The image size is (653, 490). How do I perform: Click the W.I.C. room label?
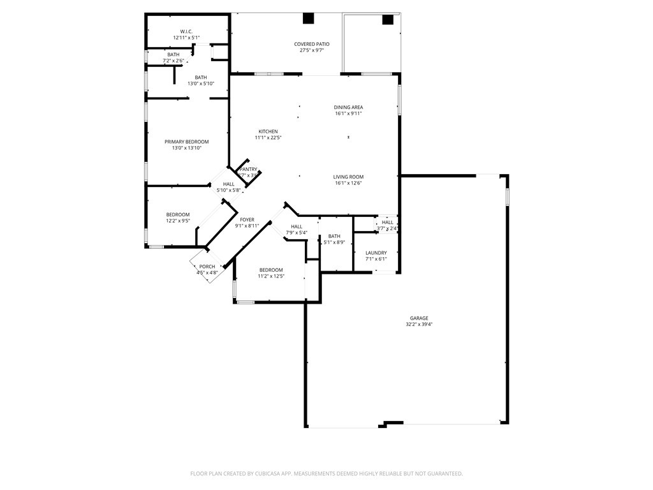(186, 31)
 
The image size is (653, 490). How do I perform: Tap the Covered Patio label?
(312, 44)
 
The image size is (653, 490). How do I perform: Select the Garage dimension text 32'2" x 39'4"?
(419, 324)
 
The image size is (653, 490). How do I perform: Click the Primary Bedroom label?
(186, 142)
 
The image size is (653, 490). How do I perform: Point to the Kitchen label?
(268, 131)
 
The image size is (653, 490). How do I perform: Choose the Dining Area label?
(348, 107)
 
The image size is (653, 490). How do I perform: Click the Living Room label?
(348, 177)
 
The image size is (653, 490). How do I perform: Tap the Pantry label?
(248, 169)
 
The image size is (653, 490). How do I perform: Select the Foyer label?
(247, 219)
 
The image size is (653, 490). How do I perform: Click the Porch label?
(207, 267)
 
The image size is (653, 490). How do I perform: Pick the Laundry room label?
(376, 253)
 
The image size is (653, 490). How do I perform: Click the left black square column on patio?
(309, 19)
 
